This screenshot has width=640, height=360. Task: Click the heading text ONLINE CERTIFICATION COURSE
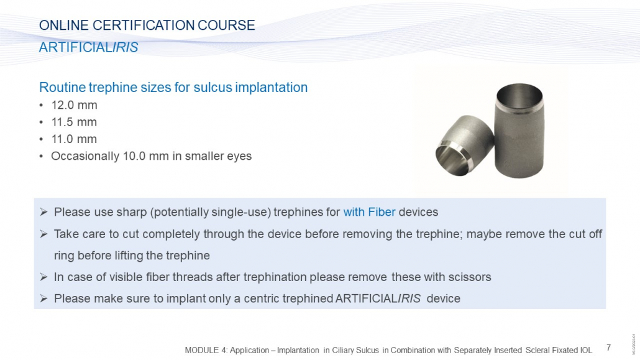point(147,25)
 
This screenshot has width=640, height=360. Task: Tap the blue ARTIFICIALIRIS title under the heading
point(89,47)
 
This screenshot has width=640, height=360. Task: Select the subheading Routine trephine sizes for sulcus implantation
point(173,88)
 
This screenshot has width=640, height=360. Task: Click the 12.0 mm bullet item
point(75,105)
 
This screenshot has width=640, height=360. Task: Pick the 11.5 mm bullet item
point(75,122)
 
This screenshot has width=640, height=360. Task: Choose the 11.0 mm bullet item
point(75,139)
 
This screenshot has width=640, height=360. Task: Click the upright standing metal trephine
point(519,131)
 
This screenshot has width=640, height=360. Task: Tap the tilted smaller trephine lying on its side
point(465,145)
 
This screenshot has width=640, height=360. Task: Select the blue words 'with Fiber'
point(369,212)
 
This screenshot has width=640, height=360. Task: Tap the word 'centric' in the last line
point(262,298)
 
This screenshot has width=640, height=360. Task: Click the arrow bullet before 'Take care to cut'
point(43,234)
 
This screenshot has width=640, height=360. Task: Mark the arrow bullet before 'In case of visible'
point(43,277)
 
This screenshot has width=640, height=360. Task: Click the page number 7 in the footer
point(608,348)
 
